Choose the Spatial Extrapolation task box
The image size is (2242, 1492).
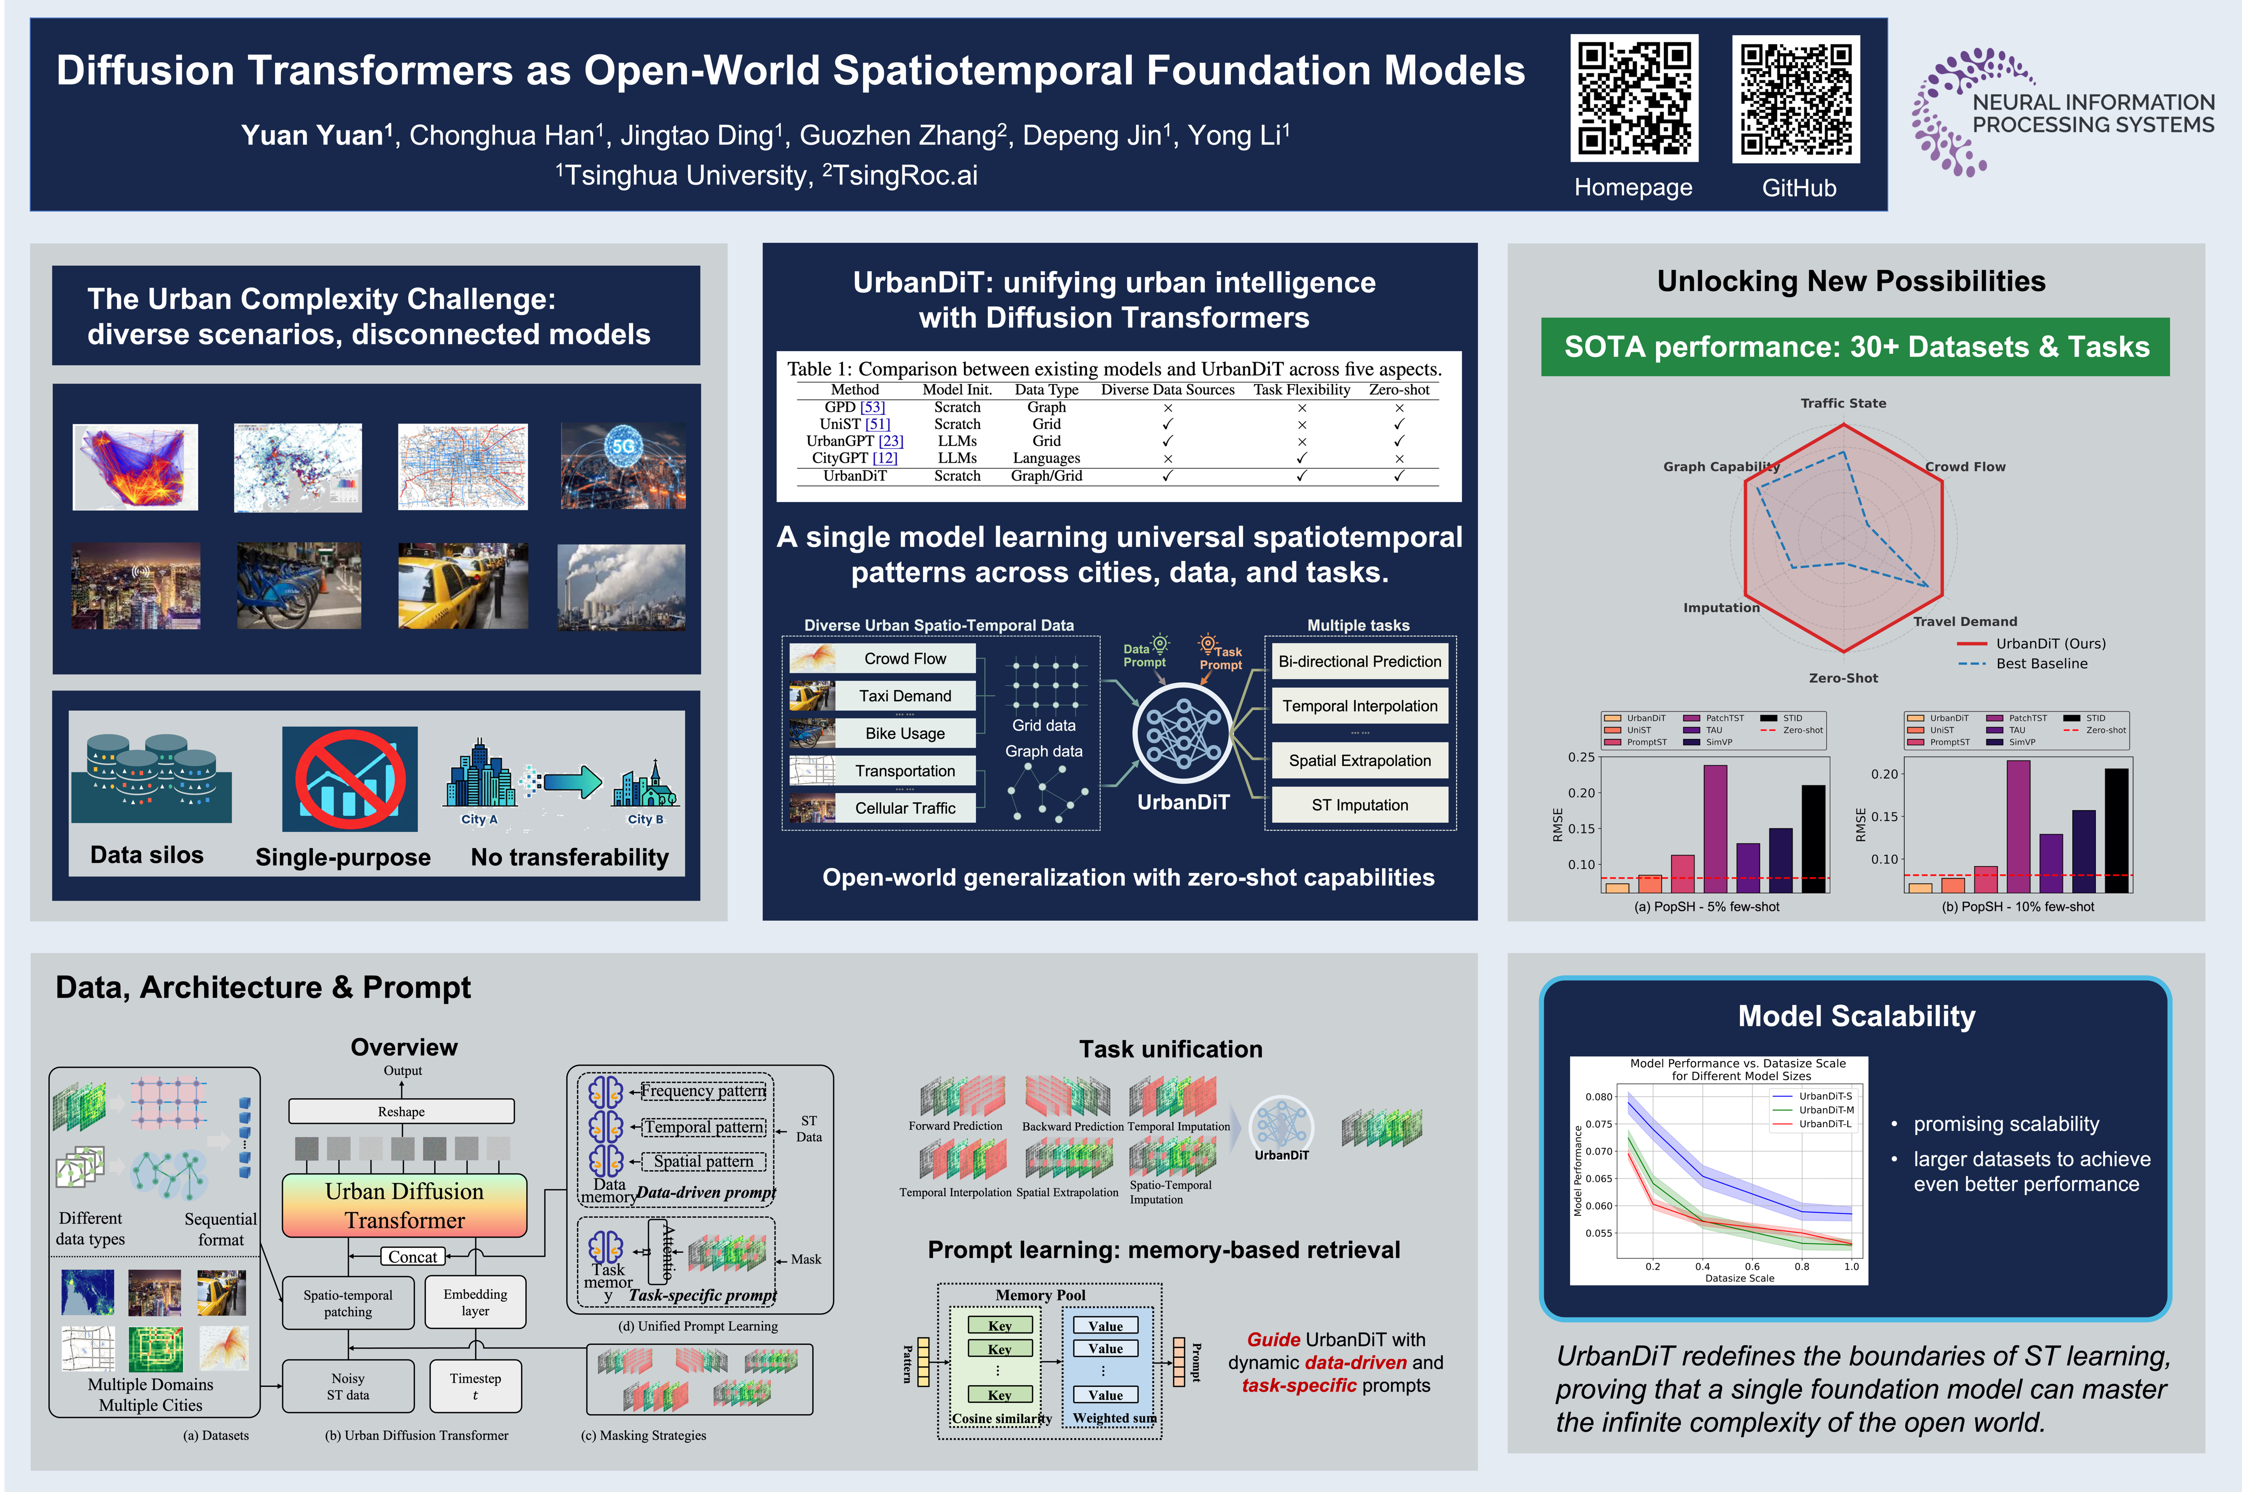click(1359, 761)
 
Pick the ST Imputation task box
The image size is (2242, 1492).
click(1359, 805)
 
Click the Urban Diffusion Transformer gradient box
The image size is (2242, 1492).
click(404, 1206)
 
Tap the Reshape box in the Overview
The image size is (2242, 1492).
click(401, 1111)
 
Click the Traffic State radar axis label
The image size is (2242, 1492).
click(1843, 404)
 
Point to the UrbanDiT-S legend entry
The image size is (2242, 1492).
click(1823, 1096)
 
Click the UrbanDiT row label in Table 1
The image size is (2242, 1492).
click(854, 476)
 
